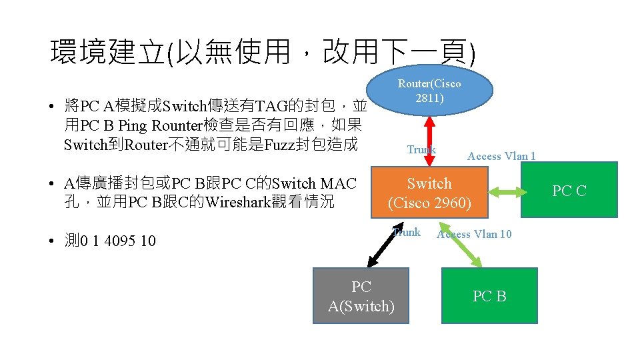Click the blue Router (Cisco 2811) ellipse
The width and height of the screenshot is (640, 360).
(429, 91)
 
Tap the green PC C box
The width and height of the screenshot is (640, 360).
(569, 191)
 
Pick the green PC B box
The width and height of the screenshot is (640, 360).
(489, 296)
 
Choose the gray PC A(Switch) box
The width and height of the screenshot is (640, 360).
(361, 296)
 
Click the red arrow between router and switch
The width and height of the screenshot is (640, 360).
(430, 139)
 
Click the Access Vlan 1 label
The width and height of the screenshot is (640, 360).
(501, 157)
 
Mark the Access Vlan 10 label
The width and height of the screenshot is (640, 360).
(475, 234)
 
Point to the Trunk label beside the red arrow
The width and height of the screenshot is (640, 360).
(421, 150)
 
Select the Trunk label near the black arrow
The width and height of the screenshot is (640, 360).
(407, 233)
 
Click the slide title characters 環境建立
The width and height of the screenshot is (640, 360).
(107, 52)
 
